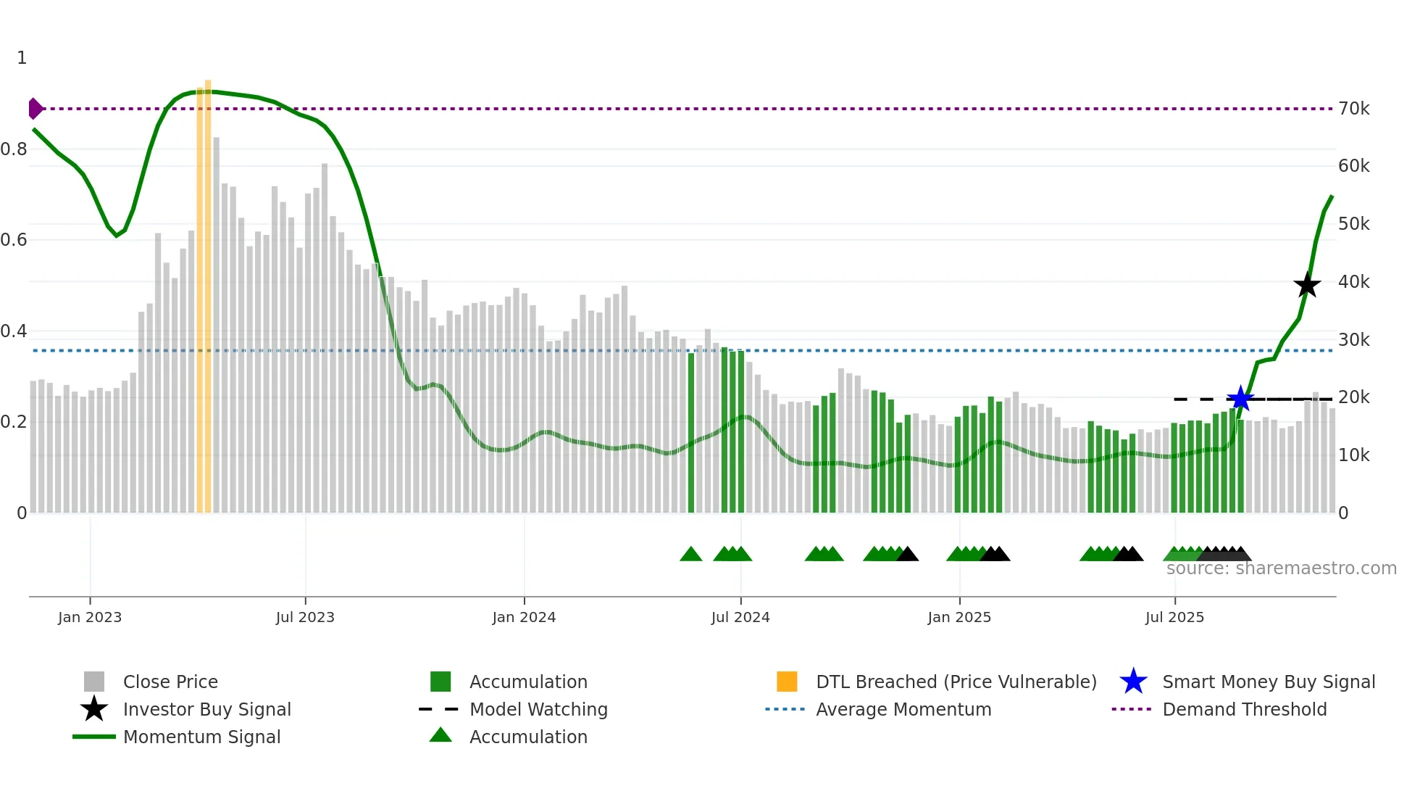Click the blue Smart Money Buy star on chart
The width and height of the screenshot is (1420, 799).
tap(1240, 399)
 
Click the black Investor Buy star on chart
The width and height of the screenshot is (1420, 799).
tap(1307, 286)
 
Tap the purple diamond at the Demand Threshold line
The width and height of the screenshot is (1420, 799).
tap(35, 109)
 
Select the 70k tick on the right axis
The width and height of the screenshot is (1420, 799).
tap(1353, 109)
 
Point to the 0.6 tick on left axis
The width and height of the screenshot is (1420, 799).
tap(14, 240)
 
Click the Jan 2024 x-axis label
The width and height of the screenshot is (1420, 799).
tap(524, 618)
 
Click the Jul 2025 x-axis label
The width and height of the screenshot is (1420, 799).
tap(1174, 618)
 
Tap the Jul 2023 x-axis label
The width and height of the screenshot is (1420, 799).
tap(305, 618)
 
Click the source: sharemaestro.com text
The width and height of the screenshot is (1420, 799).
tap(1281, 568)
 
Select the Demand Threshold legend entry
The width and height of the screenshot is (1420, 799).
tap(1244, 710)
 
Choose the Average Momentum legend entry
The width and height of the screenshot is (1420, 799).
tap(903, 710)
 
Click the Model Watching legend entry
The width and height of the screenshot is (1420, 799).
tap(538, 710)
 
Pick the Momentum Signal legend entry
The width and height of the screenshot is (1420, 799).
tap(201, 737)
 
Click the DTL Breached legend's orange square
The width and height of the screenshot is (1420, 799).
tap(787, 682)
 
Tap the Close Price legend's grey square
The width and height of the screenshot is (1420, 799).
tap(94, 682)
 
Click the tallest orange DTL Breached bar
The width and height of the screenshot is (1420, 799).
tap(208, 290)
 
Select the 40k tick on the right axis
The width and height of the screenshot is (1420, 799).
tap(1353, 282)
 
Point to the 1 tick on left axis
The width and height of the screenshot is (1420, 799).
tap(22, 58)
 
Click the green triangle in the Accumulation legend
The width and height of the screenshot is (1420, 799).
tap(440, 736)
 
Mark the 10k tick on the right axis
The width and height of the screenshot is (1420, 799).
tap(1353, 455)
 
